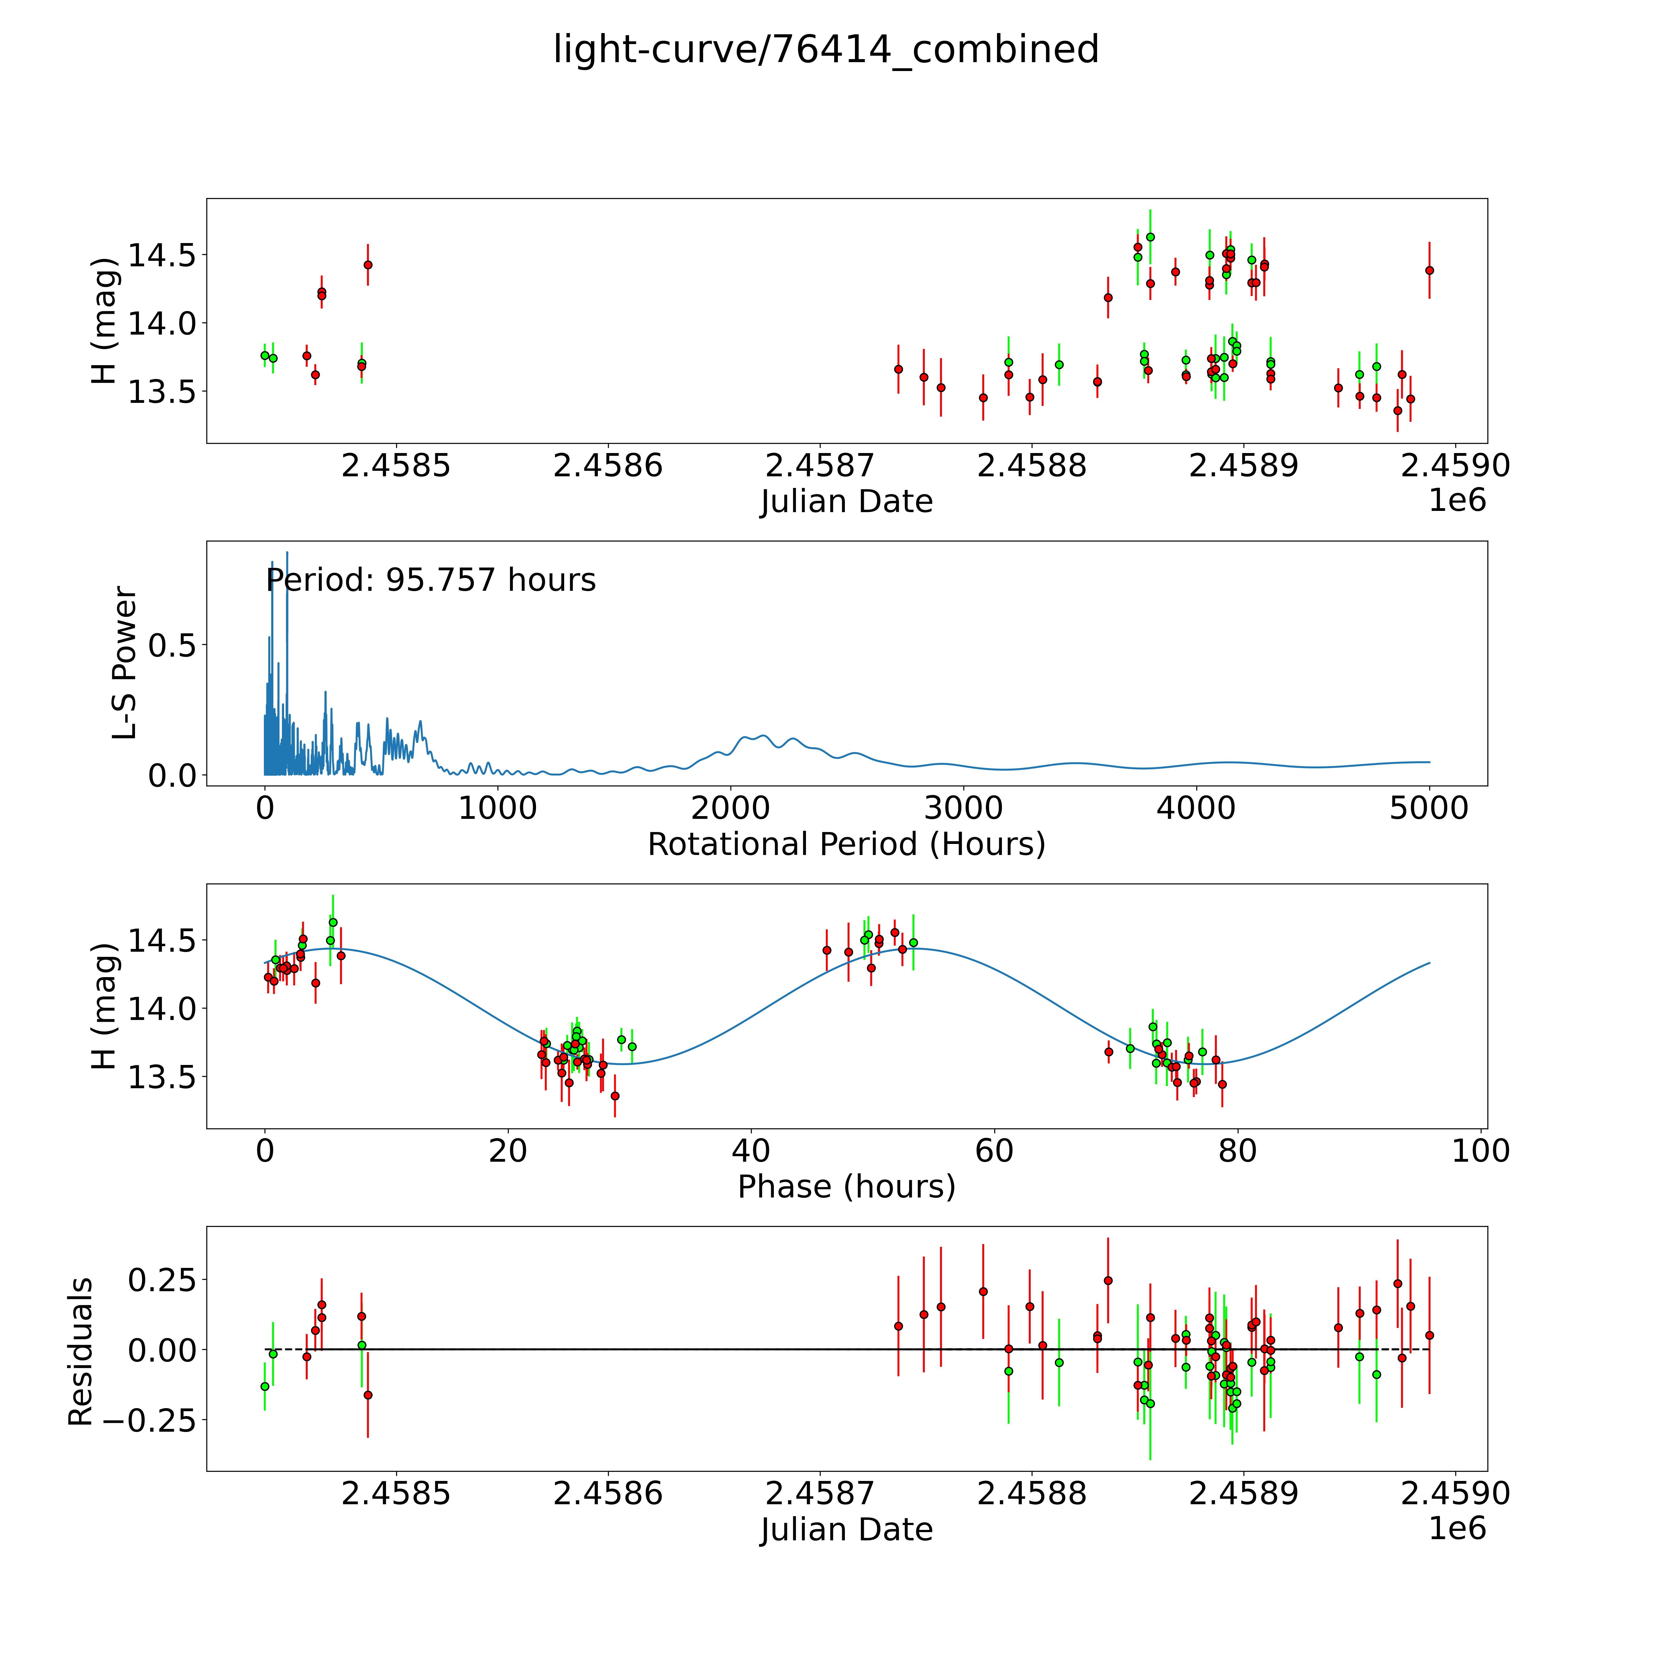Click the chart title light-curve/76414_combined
click(x=826, y=50)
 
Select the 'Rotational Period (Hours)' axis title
click(x=846, y=845)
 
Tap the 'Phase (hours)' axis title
click(x=846, y=1187)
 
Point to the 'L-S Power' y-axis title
click(x=125, y=663)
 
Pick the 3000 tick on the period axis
click(x=963, y=808)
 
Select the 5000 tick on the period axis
click(x=1429, y=808)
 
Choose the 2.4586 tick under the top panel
click(x=607, y=466)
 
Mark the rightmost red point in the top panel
click(x=1429, y=270)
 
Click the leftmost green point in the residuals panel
click(x=264, y=1386)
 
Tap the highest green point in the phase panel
click(x=333, y=922)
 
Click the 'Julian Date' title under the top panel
click(x=846, y=501)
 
